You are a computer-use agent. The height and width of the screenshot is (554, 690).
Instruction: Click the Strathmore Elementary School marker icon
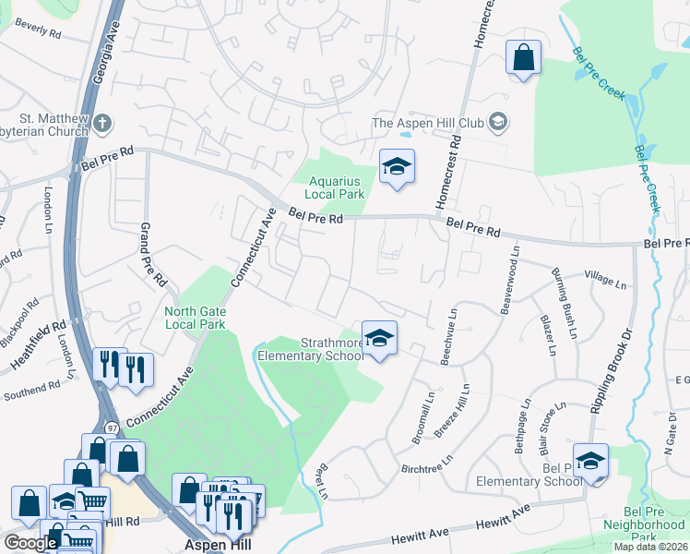[x=379, y=339]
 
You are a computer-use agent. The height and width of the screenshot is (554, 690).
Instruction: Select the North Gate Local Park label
[x=195, y=318]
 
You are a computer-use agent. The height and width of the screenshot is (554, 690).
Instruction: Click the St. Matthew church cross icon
[x=102, y=123]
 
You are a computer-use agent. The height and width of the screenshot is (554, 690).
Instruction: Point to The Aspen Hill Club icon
[x=498, y=122]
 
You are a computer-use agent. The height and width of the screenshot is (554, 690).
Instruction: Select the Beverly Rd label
[x=37, y=30]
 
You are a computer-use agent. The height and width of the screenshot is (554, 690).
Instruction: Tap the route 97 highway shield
[x=111, y=428]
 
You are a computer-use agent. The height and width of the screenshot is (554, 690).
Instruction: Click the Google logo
[x=30, y=543]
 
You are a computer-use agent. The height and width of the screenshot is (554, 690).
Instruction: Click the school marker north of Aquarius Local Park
[x=398, y=166]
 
